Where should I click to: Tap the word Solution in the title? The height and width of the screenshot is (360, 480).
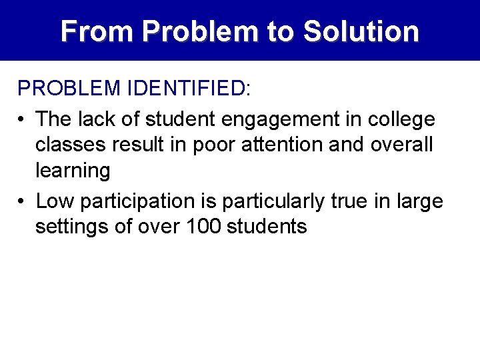361,31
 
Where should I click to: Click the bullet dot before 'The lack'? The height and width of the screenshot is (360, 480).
22,120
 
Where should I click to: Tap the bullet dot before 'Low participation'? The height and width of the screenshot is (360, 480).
22,201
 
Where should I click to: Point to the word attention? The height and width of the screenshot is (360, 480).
273,145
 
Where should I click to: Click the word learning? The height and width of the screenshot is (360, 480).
73,171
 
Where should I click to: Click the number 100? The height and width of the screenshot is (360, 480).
202,227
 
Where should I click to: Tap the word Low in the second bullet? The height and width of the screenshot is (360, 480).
55,201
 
